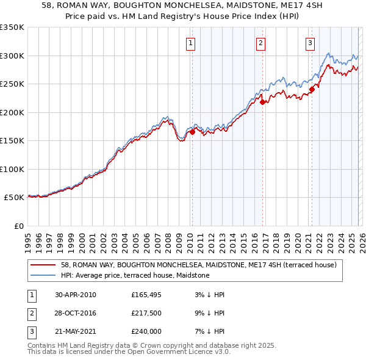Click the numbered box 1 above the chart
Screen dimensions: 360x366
(x=191, y=43)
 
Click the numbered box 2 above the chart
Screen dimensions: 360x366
(x=260, y=43)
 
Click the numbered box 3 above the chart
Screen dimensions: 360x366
(x=310, y=43)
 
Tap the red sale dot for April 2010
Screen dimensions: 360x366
(x=192, y=131)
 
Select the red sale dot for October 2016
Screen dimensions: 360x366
(x=262, y=102)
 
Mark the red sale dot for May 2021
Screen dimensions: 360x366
(x=312, y=89)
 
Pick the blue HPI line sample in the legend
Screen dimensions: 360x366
(x=43, y=275)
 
